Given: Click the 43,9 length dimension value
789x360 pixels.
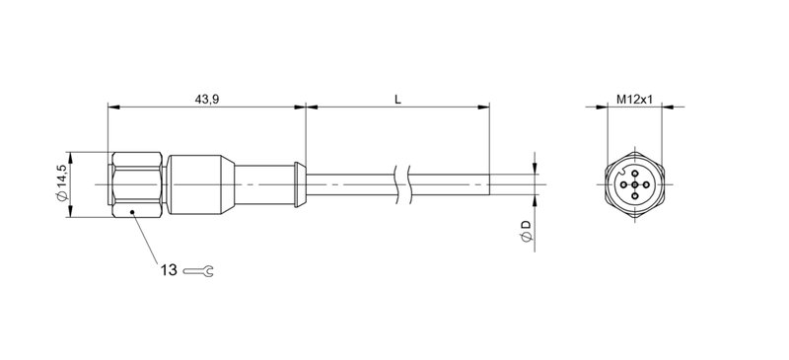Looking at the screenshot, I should click(x=206, y=99).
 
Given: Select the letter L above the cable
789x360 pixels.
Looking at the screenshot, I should click(x=396, y=99).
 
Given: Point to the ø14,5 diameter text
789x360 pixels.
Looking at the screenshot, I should click(x=62, y=184).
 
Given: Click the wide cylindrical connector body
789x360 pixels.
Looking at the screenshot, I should click(x=197, y=184).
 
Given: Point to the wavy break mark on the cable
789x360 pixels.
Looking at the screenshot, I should click(x=402, y=184).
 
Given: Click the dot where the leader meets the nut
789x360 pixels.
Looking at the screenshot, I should click(x=131, y=211).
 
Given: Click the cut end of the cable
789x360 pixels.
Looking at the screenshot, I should click(x=489, y=184).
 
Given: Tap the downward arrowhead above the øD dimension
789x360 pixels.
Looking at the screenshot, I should click(x=536, y=168).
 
